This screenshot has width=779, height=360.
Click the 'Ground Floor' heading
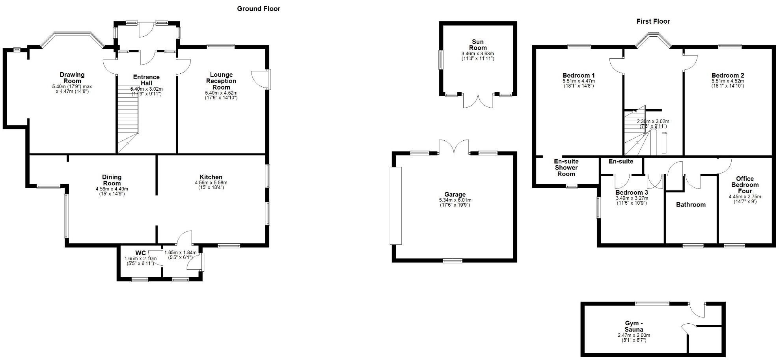258,9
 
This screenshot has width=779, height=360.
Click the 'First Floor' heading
653,21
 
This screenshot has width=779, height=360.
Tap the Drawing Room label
72,78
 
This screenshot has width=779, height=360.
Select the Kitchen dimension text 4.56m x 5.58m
211,183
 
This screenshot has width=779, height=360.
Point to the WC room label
140,253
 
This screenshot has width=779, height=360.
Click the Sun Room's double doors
478,101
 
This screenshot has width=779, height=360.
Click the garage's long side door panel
395,205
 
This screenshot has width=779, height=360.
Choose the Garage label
455,194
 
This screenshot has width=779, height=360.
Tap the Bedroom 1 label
578,75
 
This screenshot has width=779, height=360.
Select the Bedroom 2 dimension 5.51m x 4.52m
728,81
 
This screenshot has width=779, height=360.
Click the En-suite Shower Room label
566,167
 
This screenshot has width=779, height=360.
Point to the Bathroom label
691,205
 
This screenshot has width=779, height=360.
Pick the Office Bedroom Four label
745,185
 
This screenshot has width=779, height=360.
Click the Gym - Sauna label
634,326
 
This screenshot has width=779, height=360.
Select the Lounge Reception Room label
221,81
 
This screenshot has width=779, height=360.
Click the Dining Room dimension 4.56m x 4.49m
112,189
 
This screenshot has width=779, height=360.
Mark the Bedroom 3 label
632,192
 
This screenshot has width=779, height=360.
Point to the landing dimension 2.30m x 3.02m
652,121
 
